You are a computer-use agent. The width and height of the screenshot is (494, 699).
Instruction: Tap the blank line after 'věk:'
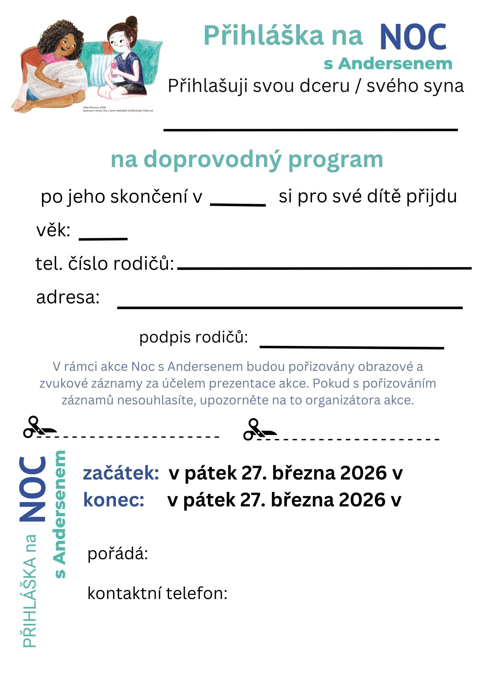[103, 239]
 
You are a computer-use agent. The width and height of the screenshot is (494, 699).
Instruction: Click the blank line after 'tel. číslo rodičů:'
[324, 268]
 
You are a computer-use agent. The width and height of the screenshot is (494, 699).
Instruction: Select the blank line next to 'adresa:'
[290, 308]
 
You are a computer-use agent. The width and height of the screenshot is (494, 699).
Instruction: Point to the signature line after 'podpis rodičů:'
[351, 347]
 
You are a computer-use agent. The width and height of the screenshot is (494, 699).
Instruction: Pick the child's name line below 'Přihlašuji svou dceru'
[310, 130]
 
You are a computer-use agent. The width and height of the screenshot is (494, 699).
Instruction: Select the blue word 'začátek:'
[121, 473]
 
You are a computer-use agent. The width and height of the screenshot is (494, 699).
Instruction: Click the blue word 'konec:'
[114, 500]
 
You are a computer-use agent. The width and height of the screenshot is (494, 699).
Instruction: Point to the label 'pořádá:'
[118, 554]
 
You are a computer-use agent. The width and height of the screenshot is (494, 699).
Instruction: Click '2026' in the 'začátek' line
[363, 473]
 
